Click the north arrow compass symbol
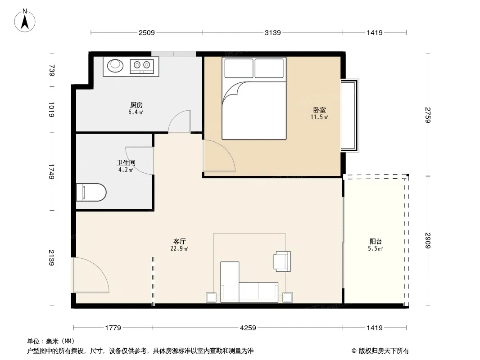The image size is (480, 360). [25, 21]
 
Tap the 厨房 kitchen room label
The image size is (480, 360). [136, 105]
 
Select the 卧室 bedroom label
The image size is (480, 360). [319, 110]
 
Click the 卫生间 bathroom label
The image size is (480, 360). [126, 163]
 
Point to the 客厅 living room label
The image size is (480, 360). [179, 242]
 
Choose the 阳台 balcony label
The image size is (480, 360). [375, 242]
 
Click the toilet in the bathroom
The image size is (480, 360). [91, 193]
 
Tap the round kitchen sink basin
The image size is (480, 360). [115, 65]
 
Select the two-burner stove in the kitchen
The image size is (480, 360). [142, 66]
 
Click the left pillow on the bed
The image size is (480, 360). [239, 68]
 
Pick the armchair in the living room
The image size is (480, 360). [282, 261]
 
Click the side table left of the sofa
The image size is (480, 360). [211, 297]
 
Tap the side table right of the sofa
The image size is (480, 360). [287, 297]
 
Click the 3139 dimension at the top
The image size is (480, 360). [272, 33]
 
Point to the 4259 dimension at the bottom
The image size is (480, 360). [248, 328]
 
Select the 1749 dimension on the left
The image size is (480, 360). [51, 171]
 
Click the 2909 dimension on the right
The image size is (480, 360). [428, 241]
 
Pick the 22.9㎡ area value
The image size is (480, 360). [179, 249]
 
